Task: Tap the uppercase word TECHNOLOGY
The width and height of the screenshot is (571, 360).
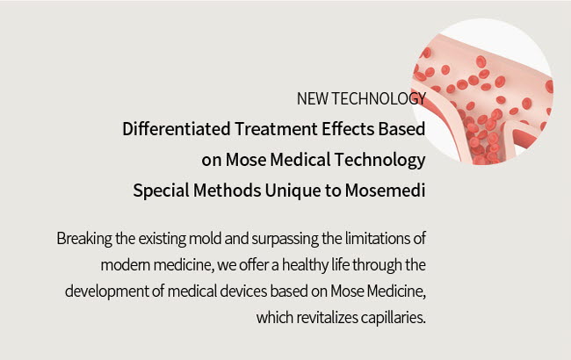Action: point(379,98)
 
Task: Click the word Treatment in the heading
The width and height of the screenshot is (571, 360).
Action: point(276,129)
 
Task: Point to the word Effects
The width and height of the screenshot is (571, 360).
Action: point(347,129)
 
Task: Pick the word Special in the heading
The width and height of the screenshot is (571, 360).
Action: point(161,191)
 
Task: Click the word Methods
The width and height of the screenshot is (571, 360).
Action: point(227,191)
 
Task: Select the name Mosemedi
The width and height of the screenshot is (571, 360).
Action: point(386,191)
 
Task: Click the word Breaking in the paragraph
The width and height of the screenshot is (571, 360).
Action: point(84,240)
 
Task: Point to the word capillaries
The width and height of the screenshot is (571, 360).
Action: point(394,318)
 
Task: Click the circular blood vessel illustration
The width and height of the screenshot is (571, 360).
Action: point(482,91)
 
